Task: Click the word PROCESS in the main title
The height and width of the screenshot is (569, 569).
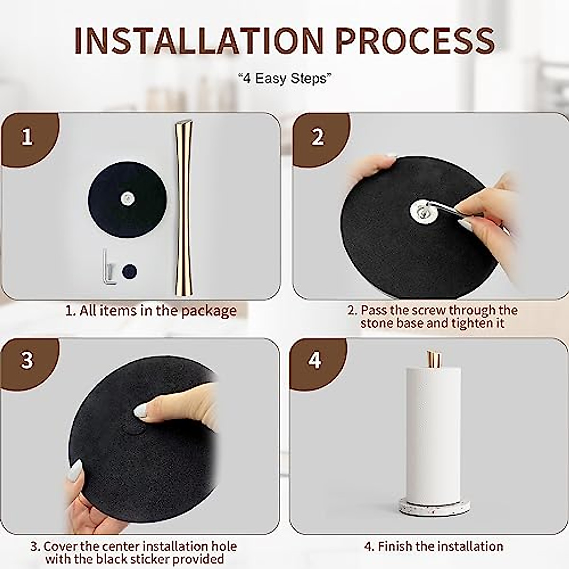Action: (415, 41)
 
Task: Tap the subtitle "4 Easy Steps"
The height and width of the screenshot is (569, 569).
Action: (285, 79)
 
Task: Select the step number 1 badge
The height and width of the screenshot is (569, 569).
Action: (27, 138)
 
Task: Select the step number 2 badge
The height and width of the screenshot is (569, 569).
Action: (318, 137)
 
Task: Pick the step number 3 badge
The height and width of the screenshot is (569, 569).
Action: (27, 360)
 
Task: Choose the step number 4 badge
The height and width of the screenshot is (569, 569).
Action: (314, 360)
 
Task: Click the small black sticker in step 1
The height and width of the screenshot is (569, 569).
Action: (129, 271)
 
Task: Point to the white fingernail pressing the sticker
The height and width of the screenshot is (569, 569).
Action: (142, 411)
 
